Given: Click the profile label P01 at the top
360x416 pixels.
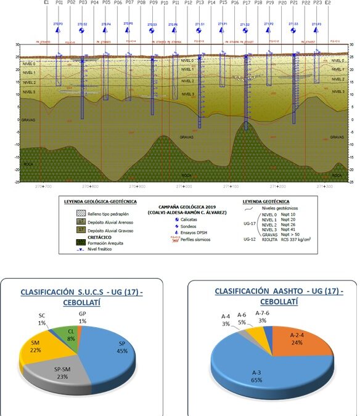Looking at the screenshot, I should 59,3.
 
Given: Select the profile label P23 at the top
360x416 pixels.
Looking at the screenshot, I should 317,3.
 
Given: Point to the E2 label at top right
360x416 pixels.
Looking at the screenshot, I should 328,3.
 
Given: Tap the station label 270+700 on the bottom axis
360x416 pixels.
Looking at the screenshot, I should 44,186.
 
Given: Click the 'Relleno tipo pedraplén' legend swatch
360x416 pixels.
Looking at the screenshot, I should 81,211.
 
